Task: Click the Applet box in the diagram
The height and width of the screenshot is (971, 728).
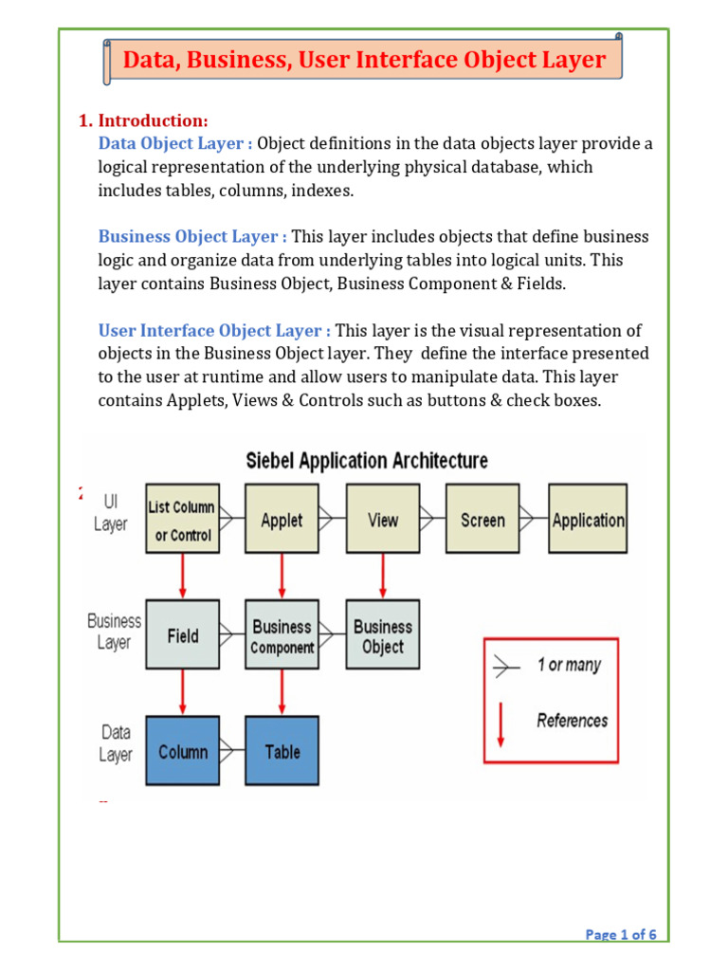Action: (282, 520)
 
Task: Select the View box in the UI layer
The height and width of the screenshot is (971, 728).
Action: (382, 520)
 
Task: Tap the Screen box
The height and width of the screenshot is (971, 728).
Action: (482, 520)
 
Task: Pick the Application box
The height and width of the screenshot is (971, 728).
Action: (588, 520)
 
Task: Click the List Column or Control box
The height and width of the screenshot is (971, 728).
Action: (182, 520)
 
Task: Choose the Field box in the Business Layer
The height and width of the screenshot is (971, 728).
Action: (182, 635)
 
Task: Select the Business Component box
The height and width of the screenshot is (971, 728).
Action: (282, 635)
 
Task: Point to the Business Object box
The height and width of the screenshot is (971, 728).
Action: (382, 635)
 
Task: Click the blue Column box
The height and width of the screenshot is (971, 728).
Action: (182, 751)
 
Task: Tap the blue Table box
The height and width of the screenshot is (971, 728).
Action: (282, 751)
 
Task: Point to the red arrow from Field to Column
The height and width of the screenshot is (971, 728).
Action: (182, 692)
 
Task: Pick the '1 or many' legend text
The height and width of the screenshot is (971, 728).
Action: (569, 665)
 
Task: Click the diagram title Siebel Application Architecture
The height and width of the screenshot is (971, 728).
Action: (367, 461)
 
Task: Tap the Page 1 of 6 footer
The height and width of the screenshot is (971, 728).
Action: (621, 935)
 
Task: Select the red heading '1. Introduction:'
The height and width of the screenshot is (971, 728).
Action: (143, 120)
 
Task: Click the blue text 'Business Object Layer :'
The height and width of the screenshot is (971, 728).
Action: (192, 236)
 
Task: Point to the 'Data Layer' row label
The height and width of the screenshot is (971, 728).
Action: (116, 743)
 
